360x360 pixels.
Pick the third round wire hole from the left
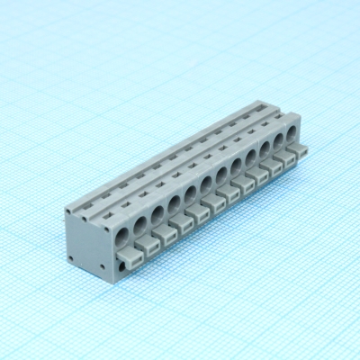point(157,215)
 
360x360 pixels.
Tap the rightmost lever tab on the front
point(300,150)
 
